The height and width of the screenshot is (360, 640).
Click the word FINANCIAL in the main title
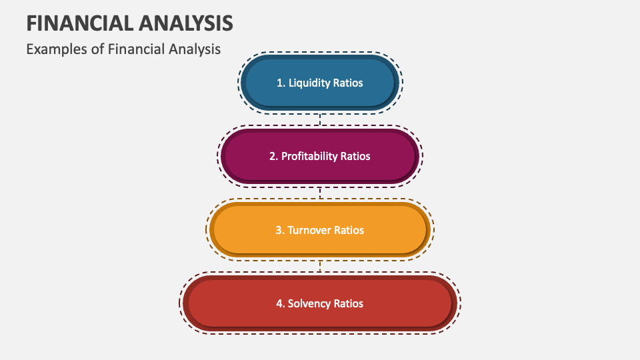coord(81,23)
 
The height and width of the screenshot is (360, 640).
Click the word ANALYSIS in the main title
coord(187,23)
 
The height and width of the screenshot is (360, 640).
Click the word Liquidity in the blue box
coord(310,83)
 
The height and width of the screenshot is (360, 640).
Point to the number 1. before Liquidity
coord(281,83)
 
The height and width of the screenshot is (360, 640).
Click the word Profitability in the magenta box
coord(309,156)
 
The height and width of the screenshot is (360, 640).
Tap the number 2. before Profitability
coord(274,156)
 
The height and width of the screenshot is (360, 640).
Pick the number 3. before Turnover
coord(280,230)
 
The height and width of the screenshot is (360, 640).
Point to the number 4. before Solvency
coord(280,303)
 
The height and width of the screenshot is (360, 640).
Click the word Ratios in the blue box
coord(349,83)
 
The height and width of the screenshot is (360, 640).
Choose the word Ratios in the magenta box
coord(355,156)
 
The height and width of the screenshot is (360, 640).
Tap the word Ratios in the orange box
coord(349,230)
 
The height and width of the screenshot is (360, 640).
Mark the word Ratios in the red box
coord(349,303)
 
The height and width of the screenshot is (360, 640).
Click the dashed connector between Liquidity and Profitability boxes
coord(320,120)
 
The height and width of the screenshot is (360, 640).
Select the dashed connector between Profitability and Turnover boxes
coord(320,193)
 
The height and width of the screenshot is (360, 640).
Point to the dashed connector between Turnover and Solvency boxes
coord(320,266)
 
